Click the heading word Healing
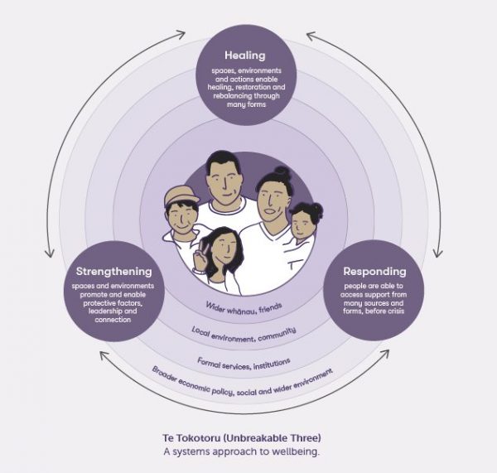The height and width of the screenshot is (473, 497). pos(244,56)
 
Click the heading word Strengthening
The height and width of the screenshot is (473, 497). pos(113,271)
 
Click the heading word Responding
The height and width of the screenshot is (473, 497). pos(374,271)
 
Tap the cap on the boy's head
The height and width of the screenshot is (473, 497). pos(182,198)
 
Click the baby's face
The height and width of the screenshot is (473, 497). pos(306,224)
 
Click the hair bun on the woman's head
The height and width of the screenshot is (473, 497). pos(279,174)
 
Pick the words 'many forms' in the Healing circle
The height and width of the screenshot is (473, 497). pos(244,105)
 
